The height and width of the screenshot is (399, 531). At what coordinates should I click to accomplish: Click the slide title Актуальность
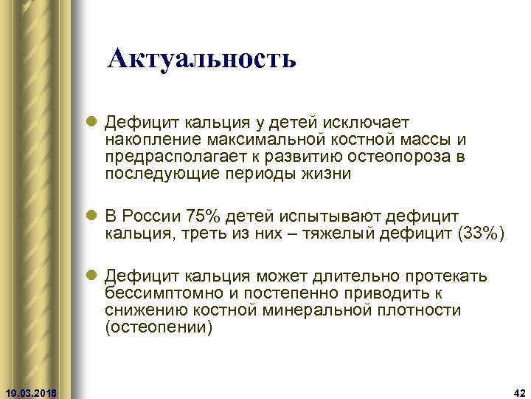(x=201, y=58)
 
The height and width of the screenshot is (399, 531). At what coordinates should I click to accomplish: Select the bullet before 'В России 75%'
(x=91, y=216)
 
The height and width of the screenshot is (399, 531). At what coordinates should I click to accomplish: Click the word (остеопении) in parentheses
(x=159, y=329)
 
